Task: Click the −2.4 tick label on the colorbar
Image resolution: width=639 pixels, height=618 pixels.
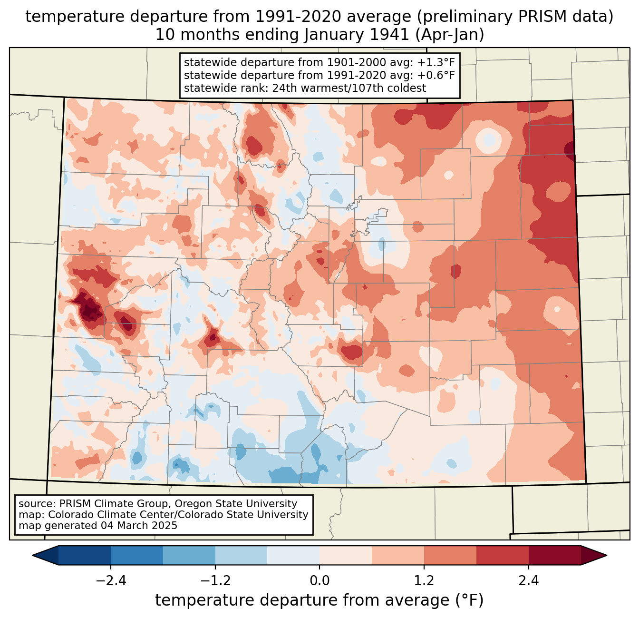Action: pos(111,581)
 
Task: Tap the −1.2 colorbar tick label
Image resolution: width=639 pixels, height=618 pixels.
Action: pos(215,581)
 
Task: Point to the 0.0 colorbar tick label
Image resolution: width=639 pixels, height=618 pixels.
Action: pos(319,581)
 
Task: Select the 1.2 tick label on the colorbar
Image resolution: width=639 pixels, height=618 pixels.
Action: pos(424,581)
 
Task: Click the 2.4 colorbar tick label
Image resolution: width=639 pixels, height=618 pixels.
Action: pos(528,581)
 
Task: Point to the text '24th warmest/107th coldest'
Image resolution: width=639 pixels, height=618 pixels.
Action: pos(349,88)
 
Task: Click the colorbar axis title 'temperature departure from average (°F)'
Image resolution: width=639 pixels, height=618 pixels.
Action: pos(319,600)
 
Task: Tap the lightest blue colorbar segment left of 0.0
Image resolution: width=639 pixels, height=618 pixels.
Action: pos(293,555)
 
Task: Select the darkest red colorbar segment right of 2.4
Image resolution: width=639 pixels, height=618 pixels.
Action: pos(554,555)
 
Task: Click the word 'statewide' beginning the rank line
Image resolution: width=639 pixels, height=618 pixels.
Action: pos(205,88)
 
